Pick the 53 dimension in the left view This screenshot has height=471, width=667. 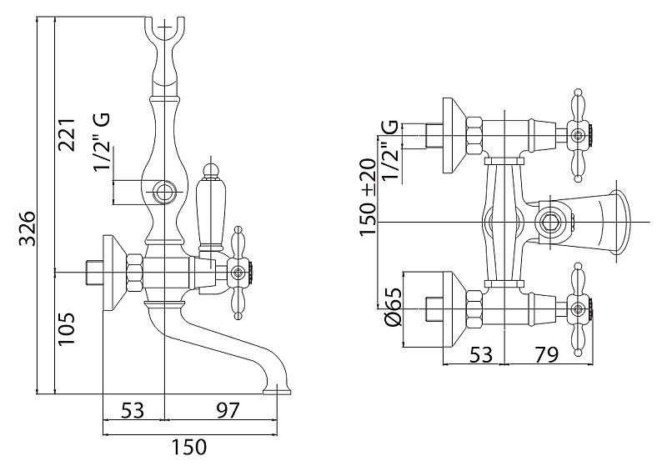tap(132, 410)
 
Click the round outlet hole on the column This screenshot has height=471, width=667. tap(164, 193)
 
